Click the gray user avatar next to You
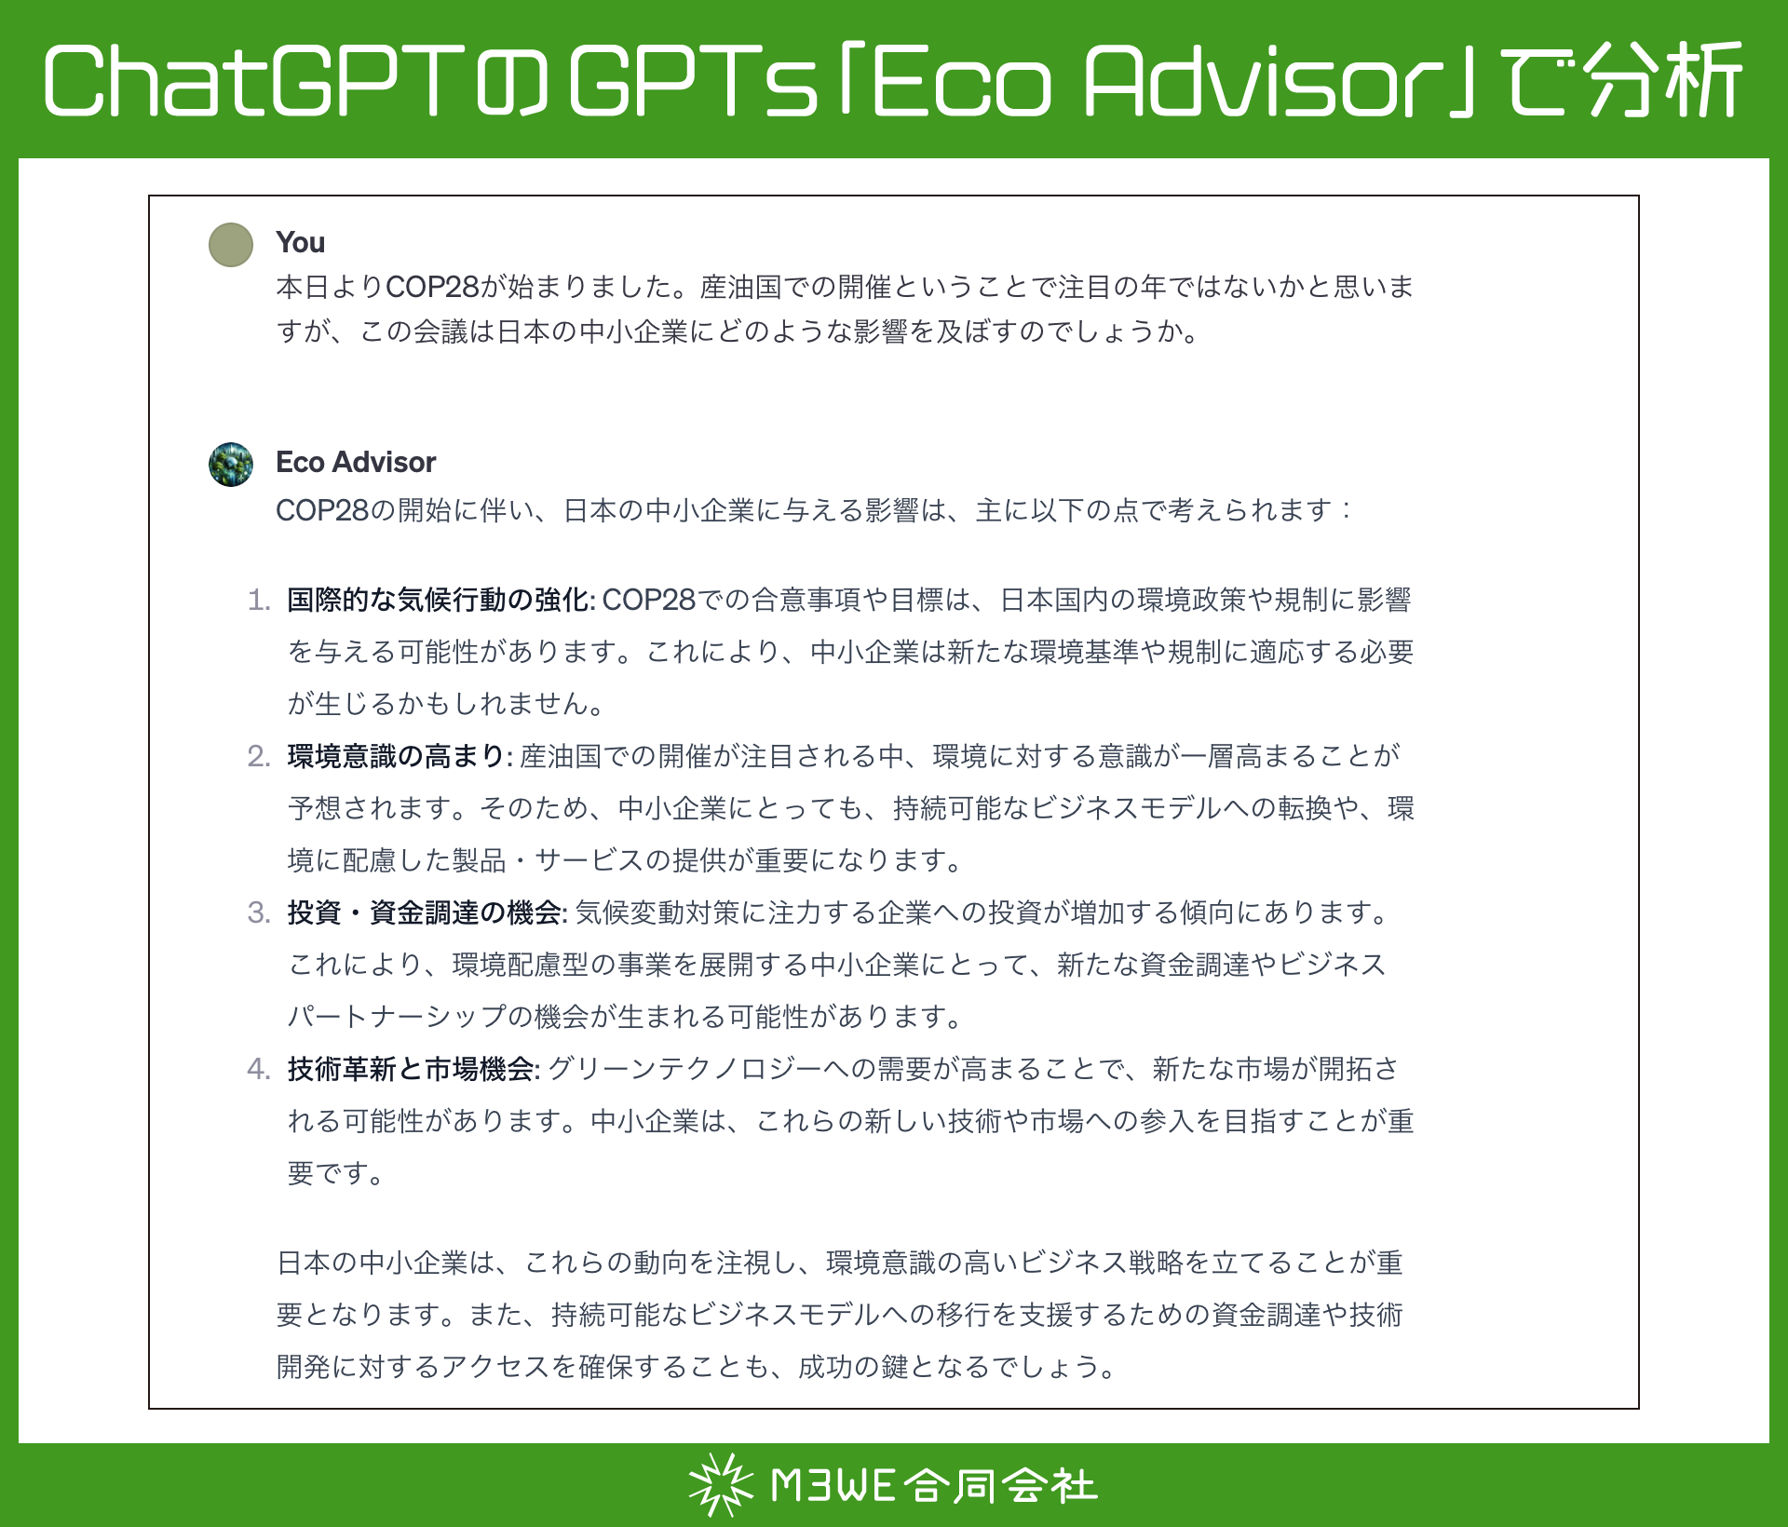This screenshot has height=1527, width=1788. [x=231, y=245]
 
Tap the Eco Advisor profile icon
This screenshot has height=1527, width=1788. [x=231, y=465]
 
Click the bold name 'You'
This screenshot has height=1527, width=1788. [x=300, y=242]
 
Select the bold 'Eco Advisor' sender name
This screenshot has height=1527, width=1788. [x=356, y=462]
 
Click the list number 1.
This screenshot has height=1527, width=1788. [x=258, y=600]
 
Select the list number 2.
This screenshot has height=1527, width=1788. [x=258, y=756]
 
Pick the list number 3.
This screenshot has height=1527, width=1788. [x=258, y=912]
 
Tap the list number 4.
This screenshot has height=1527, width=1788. [x=258, y=1069]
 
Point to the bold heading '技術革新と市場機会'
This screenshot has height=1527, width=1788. [x=413, y=1069]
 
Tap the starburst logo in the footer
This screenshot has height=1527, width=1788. [x=720, y=1484]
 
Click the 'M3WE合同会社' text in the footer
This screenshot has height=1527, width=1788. [x=934, y=1485]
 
